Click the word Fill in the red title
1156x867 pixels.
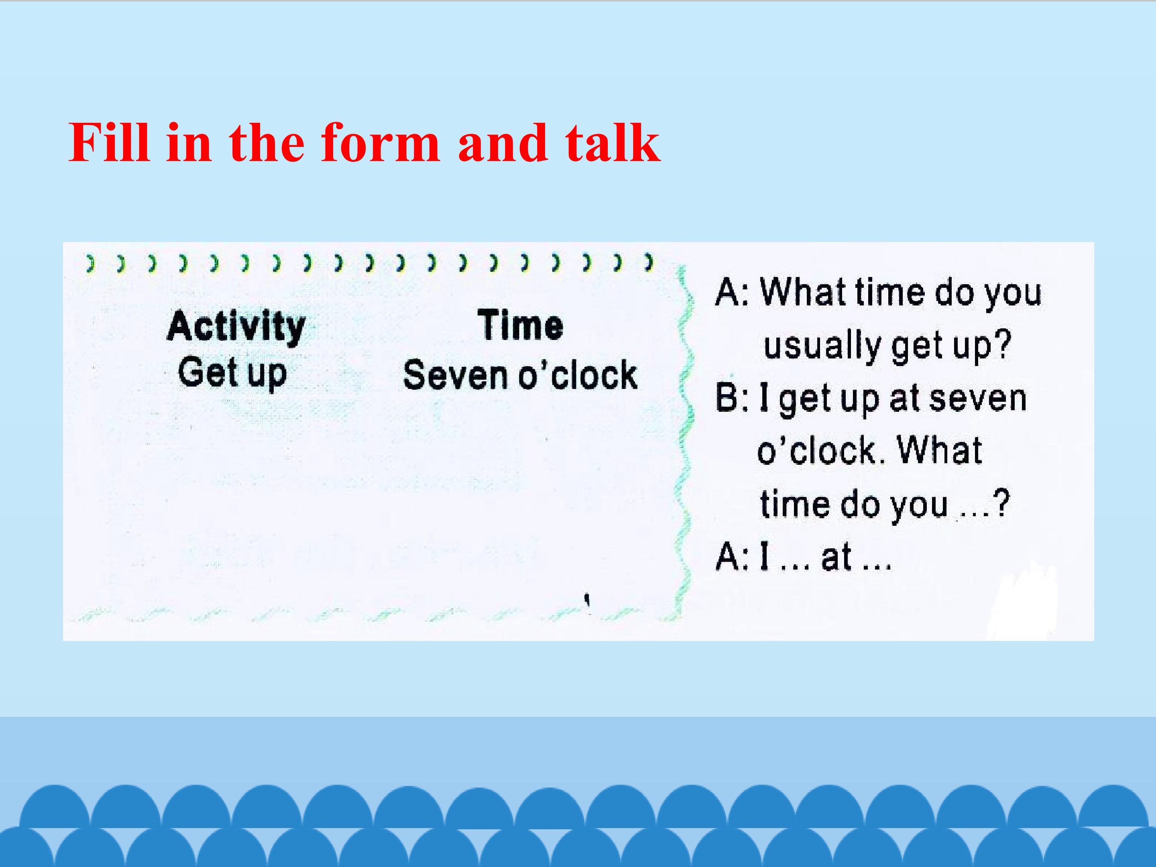[x=109, y=142]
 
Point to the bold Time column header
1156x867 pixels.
[x=521, y=325]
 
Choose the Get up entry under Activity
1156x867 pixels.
[x=232, y=373]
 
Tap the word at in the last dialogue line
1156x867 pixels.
[x=836, y=557]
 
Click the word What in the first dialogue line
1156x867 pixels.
[x=803, y=292]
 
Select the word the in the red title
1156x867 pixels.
[x=267, y=142]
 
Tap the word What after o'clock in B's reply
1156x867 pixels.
[x=940, y=450]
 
